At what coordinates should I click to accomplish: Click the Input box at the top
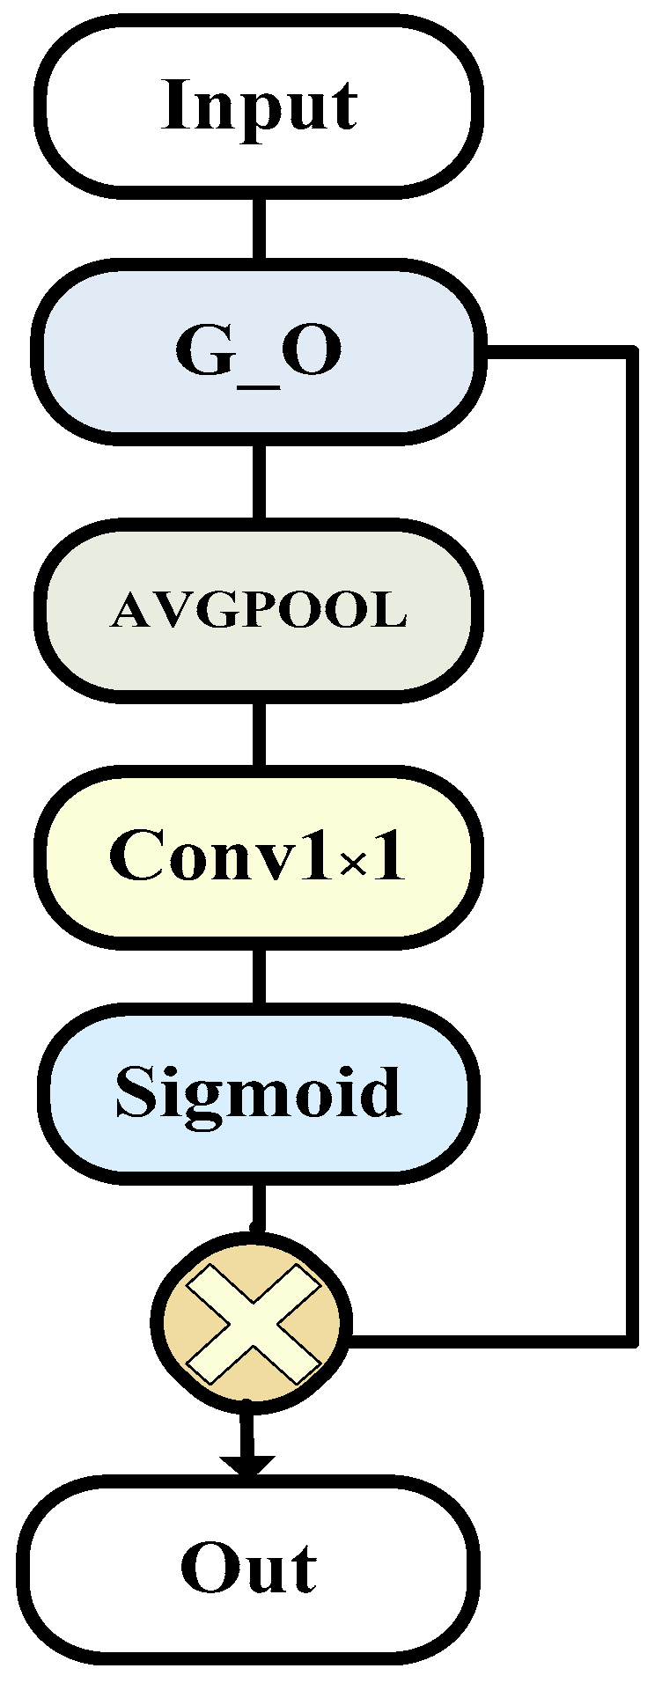click(261, 106)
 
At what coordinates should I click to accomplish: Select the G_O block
click(258, 349)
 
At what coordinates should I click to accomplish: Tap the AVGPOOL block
click(258, 609)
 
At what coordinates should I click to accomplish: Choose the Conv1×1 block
click(258, 856)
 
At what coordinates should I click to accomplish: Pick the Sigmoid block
click(258, 1091)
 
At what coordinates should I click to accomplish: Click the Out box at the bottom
click(249, 1569)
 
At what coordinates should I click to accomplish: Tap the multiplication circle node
click(252, 1320)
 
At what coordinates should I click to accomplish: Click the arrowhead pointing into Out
click(248, 1465)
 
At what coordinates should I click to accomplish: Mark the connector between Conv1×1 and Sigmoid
click(259, 975)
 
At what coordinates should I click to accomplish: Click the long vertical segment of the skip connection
click(631, 845)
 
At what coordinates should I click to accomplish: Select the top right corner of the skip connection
click(630, 353)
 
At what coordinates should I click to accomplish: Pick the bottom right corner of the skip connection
click(630, 1341)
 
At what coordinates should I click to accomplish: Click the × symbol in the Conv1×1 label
click(352, 864)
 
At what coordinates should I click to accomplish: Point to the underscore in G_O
click(258, 386)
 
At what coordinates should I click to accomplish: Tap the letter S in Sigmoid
click(136, 1091)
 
